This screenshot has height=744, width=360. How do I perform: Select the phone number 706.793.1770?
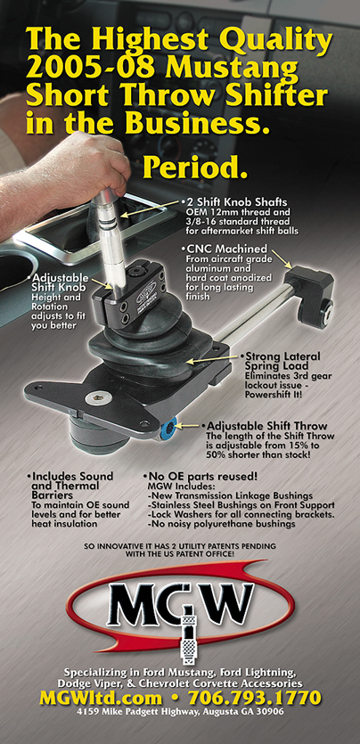255,698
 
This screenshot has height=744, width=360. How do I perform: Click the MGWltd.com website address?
101,698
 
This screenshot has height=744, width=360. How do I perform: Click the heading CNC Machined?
225,249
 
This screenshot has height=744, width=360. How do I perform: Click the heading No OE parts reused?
200,476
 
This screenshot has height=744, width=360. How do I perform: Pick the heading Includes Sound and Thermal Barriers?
70,486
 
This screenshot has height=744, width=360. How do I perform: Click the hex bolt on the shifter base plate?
94,398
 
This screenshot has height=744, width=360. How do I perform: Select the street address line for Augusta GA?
180,712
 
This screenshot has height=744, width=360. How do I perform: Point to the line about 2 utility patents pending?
180,550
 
